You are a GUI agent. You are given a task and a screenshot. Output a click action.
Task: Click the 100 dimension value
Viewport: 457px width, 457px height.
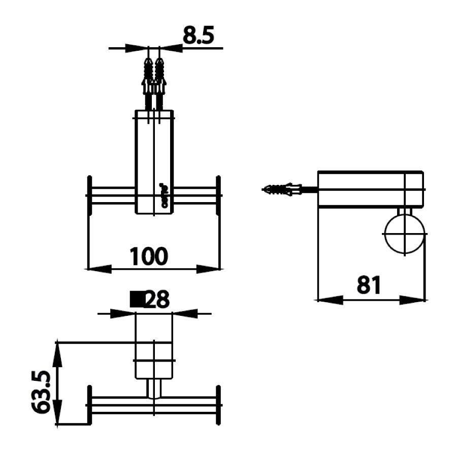pos(148,256)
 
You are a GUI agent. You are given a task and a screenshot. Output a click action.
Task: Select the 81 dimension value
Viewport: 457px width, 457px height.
pos(368,286)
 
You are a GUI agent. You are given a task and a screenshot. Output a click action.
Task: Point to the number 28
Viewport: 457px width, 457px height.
pos(156,300)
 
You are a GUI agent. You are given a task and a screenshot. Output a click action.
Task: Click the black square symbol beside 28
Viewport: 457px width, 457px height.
pos(137,300)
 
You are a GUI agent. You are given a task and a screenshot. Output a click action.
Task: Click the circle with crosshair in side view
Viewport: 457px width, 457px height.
pos(404,234)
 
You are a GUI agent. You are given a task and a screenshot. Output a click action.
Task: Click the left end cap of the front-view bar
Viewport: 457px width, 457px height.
pos(90,195)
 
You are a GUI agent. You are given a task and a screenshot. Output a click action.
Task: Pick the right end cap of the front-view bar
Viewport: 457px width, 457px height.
pos(218,195)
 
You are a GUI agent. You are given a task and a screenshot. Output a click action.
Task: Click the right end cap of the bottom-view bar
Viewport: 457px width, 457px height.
pos(219,405)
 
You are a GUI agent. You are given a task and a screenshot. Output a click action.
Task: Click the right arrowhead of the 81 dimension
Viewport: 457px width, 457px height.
pos(414,300)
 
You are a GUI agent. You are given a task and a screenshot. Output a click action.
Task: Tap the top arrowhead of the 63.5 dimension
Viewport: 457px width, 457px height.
pos(57,353)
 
